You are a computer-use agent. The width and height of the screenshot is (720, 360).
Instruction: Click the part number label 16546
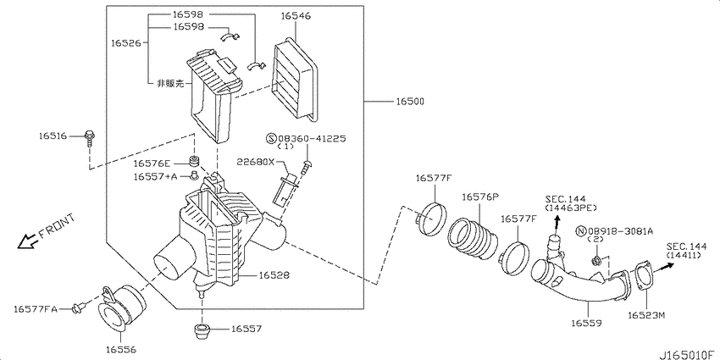point(296,15)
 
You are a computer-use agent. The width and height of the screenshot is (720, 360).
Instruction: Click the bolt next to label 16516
point(89,138)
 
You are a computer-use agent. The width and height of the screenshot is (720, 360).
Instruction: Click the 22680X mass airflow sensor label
point(255,162)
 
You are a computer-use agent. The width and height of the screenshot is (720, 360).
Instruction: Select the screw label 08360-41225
point(306,138)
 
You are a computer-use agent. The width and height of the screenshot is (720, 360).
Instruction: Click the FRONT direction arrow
point(26,241)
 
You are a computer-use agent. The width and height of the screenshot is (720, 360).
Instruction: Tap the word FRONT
point(57,226)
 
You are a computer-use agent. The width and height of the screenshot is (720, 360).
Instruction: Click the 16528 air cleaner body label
point(274,275)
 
